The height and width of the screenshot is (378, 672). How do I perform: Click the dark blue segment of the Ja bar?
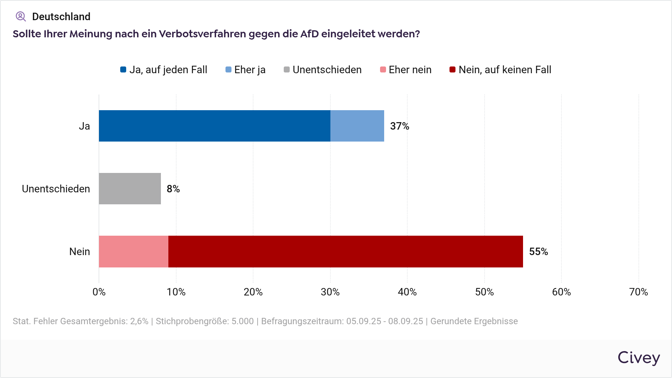coord(215,126)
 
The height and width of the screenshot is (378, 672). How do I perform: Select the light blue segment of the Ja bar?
coord(357,126)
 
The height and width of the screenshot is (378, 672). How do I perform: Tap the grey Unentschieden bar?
coord(130,189)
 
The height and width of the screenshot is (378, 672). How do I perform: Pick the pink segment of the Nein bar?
coord(134,251)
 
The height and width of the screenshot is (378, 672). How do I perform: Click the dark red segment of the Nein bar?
coord(345,251)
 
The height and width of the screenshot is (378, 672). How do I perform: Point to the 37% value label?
coord(399,126)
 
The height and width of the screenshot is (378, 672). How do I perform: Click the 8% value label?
coord(173,189)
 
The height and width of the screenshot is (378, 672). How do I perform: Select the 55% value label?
coord(538,252)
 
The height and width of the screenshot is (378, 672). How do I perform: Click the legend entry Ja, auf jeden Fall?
coord(164,70)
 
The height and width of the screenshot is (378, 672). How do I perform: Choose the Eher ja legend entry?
coord(246,70)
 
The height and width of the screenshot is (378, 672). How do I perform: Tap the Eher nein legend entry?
coord(406,70)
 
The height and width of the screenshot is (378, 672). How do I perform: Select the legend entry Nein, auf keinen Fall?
coord(500,70)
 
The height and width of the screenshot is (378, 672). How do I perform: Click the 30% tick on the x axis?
coord(330,292)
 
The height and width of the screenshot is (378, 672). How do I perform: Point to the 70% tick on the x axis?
coord(638,292)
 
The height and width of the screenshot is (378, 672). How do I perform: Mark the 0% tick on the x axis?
coord(99,292)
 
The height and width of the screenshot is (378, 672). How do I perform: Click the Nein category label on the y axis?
coord(80,252)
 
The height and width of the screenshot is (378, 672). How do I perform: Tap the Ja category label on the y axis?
coord(84,126)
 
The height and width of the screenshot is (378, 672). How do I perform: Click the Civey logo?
coord(638,358)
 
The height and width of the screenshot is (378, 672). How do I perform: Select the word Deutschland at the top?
coord(61,17)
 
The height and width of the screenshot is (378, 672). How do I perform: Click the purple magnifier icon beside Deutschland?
coord(21,16)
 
